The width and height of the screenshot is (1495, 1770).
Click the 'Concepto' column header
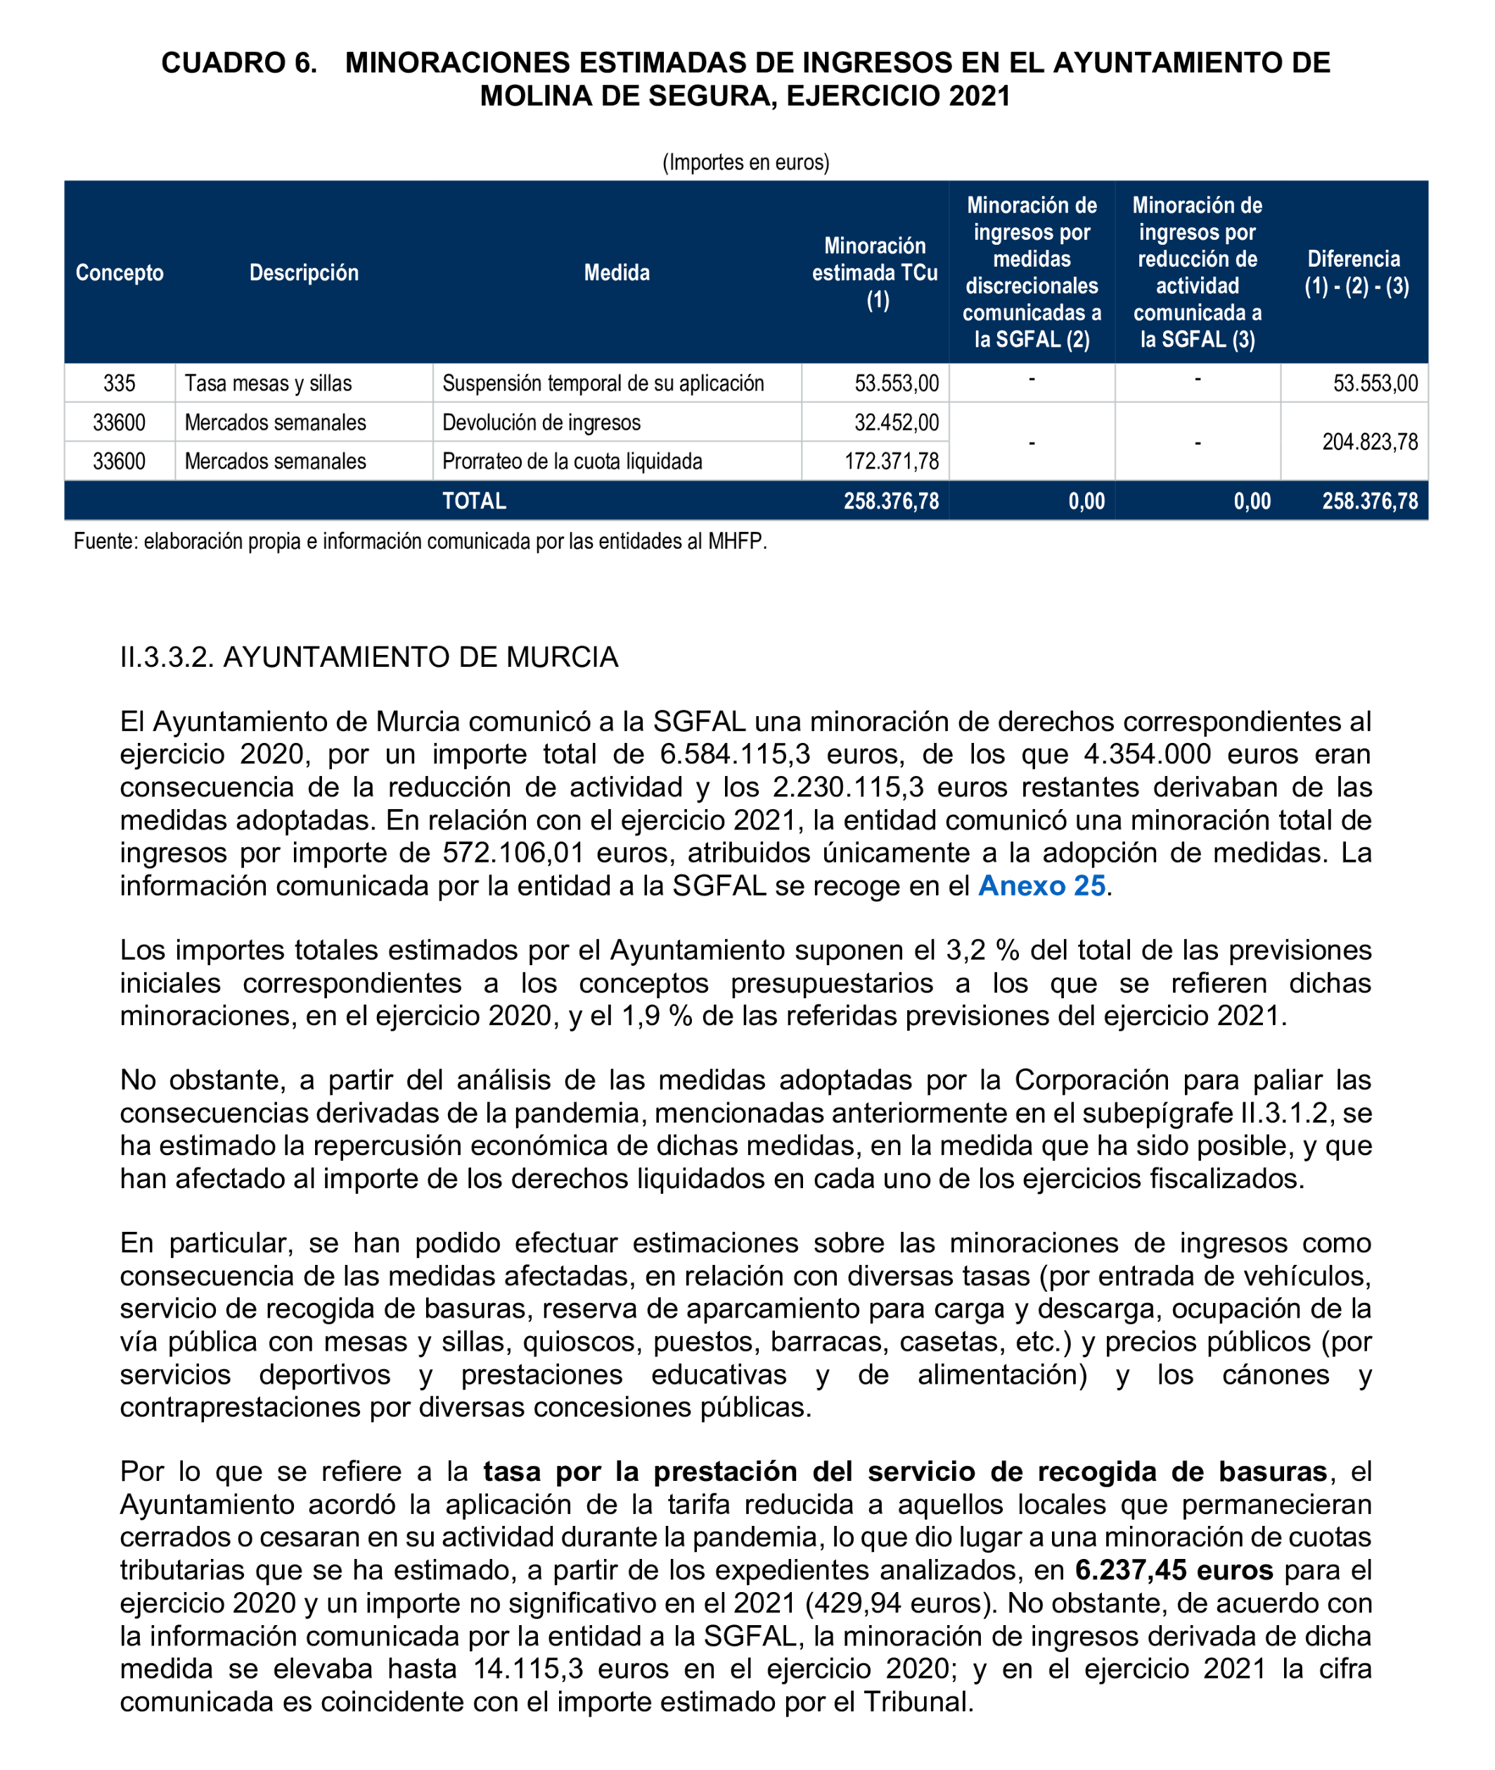pyautogui.click(x=120, y=272)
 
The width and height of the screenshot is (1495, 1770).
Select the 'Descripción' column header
pyautogui.click(x=303, y=272)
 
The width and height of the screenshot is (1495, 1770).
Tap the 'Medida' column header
pyautogui.click(x=616, y=272)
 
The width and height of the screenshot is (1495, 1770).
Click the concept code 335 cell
pyautogui.click(x=120, y=383)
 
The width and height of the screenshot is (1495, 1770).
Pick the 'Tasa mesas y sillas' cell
pyautogui.click(x=268, y=383)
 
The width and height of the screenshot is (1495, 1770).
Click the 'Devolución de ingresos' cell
pyautogui.click(x=541, y=422)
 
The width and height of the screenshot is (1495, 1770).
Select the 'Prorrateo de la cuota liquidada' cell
pyautogui.click(x=572, y=461)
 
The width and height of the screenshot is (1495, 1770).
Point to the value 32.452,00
pyautogui.click(x=896, y=422)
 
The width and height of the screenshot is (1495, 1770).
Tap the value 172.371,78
pyautogui.click(x=891, y=461)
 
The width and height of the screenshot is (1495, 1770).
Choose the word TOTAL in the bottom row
pyautogui.click(x=474, y=501)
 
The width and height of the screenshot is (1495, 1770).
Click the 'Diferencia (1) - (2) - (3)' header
pyautogui.click(x=1355, y=272)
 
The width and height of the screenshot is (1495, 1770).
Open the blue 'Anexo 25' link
pyautogui.click(x=1041, y=885)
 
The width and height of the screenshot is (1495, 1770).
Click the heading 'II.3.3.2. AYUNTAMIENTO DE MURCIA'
pyautogui.click(x=368, y=657)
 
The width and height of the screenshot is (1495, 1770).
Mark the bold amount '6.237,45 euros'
pyautogui.click(x=1173, y=1570)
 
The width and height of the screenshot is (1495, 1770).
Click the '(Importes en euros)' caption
pyautogui.click(x=746, y=162)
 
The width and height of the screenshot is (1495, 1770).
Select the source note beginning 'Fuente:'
pyautogui.click(x=420, y=541)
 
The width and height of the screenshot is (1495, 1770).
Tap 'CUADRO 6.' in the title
pyautogui.click(x=239, y=63)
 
